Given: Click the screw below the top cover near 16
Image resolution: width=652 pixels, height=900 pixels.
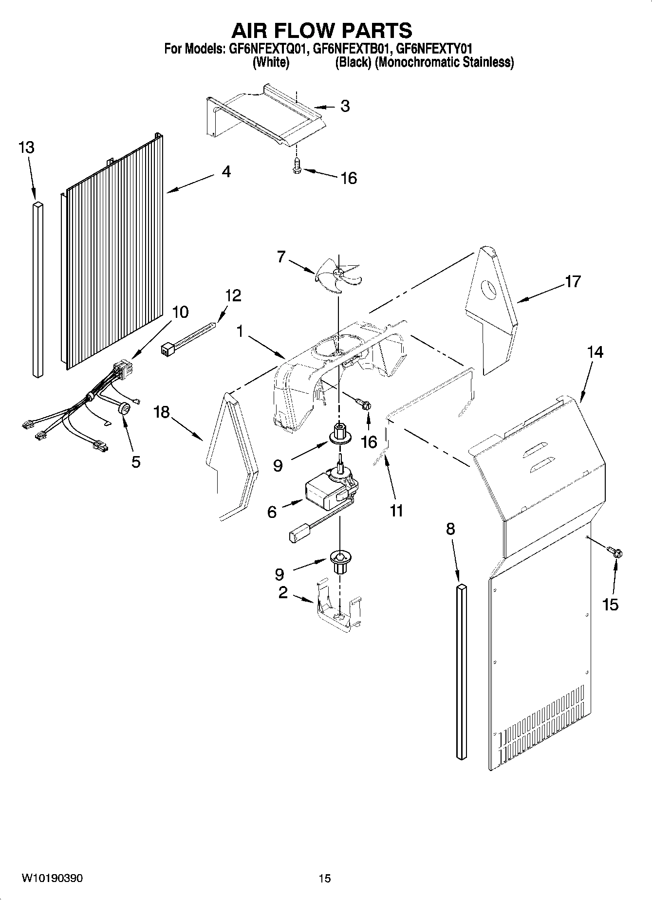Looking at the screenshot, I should click(x=296, y=167).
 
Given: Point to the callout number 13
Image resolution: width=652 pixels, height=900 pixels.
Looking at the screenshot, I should click(x=26, y=147).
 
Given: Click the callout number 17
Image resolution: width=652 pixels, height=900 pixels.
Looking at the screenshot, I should click(x=573, y=281).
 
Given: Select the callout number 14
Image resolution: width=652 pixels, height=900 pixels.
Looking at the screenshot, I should click(x=595, y=351).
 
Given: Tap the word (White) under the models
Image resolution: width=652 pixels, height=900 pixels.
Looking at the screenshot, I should click(x=271, y=63).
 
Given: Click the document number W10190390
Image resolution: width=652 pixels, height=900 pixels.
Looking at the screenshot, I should click(x=52, y=878).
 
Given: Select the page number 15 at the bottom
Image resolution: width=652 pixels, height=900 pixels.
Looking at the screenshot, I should click(x=324, y=879).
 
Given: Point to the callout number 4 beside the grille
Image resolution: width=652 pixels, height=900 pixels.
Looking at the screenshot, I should click(x=226, y=171).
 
